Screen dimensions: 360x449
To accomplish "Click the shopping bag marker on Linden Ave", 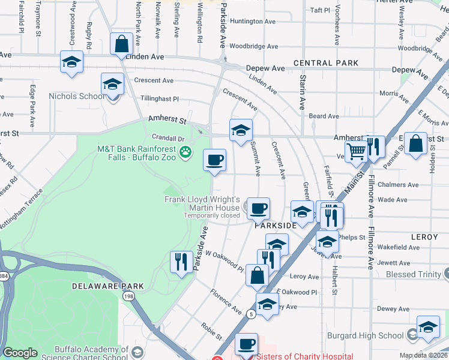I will pos(121,44).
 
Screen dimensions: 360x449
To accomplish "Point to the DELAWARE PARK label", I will pos(108,286).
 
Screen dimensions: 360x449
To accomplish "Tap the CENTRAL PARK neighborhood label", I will pos(326,63).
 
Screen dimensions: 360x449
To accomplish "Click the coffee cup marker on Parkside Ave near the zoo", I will pos(214,160).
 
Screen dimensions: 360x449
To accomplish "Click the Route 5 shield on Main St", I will pos(250,314).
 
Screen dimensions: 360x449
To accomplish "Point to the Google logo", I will pos(20,353).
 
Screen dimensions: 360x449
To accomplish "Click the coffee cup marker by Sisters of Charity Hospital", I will pos(246,344).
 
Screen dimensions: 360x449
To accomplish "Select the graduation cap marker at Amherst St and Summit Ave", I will pos(241,130).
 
